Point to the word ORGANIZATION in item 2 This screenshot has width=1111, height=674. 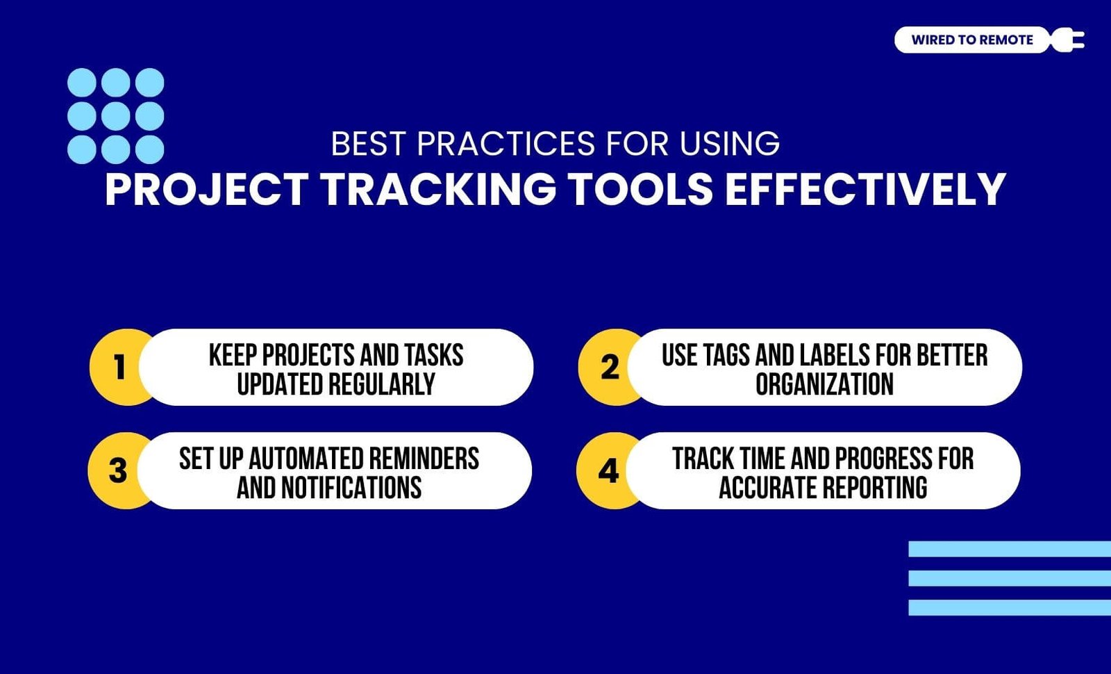click(x=824, y=384)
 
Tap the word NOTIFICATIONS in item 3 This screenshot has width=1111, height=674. click(x=351, y=487)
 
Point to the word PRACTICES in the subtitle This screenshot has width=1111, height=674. click(x=506, y=143)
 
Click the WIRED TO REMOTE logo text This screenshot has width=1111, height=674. click(x=972, y=40)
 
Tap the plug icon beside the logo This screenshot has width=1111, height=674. click(x=1067, y=40)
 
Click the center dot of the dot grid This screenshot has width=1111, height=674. click(x=115, y=116)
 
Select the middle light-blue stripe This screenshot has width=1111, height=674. click(x=1010, y=578)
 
